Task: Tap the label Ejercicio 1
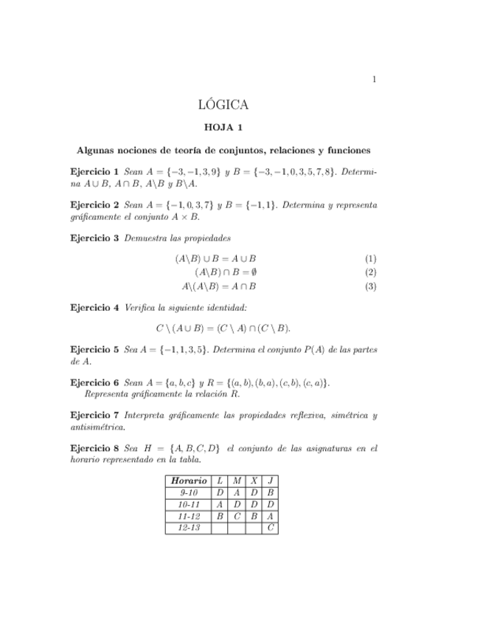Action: tap(94, 171)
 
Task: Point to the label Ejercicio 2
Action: tap(94, 204)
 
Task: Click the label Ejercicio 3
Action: tap(94, 238)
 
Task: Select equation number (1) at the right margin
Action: tap(370, 259)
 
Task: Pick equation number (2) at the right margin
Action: tap(370, 272)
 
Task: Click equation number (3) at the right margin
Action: tap(370, 286)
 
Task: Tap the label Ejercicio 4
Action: tap(94, 307)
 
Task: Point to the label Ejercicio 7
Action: tap(94, 416)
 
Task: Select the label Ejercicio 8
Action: tap(94, 448)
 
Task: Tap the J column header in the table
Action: tap(271, 481)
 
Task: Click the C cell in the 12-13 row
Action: tap(271, 528)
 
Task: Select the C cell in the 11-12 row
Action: tap(237, 516)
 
